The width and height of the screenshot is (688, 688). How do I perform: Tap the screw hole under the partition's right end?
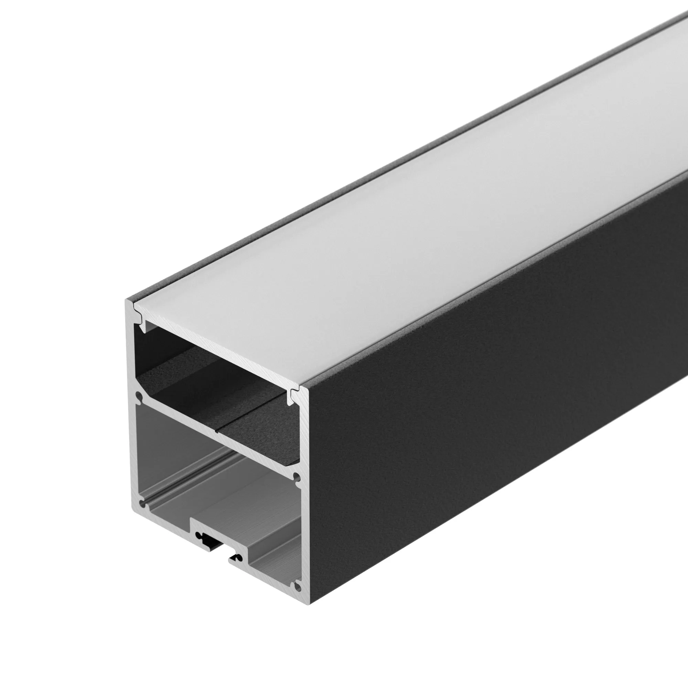(295, 477)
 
